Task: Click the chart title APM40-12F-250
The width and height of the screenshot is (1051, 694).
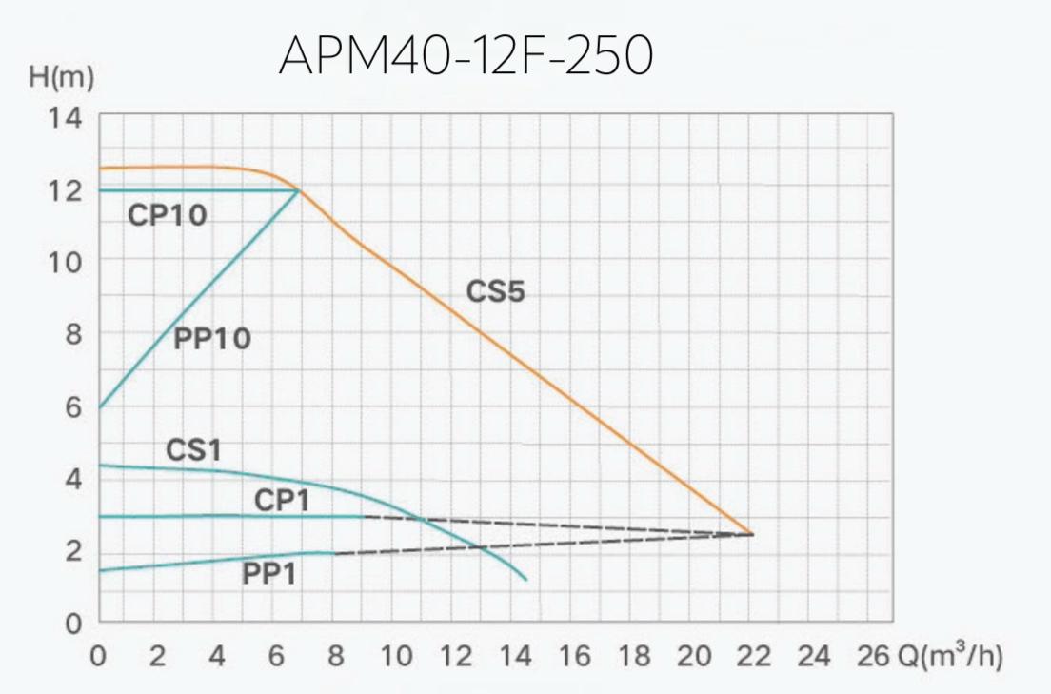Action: point(466,58)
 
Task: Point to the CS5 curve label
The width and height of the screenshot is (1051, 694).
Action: point(495,291)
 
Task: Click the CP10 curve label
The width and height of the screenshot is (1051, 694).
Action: point(167,216)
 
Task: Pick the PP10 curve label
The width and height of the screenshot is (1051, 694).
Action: point(212,338)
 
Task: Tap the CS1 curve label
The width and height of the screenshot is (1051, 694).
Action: point(193,449)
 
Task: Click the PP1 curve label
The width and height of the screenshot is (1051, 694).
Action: point(274,574)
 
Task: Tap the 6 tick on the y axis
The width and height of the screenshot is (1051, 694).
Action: point(74,406)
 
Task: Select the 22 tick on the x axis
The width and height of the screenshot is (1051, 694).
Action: point(752,656)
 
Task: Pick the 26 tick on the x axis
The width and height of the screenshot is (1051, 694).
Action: point(871,656)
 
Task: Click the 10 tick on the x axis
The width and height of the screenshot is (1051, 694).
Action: point(395,656)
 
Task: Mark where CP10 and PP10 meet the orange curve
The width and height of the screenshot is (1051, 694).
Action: point(299,190)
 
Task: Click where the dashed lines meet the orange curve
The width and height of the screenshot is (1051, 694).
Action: point(752,534)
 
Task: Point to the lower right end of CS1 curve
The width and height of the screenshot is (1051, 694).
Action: point(525,580)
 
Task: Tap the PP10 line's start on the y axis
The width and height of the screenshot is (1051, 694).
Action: point(99,407)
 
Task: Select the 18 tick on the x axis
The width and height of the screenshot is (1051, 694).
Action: point(634,656)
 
